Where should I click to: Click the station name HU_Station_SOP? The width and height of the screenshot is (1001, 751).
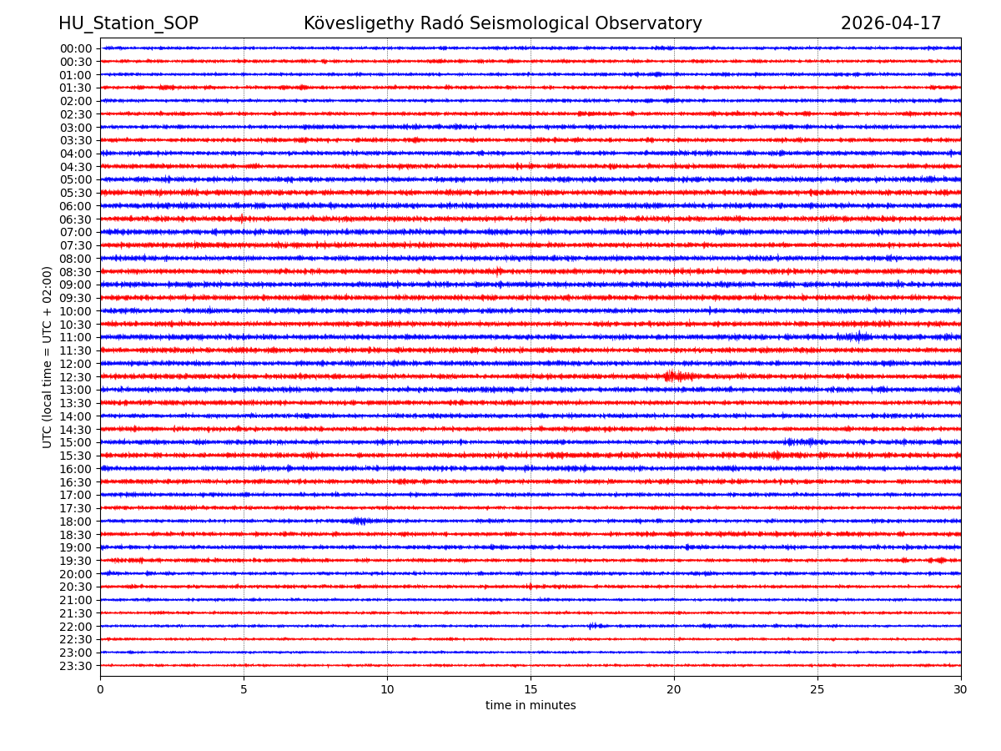tap(128, 23)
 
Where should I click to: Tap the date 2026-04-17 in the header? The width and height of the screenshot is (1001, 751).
tap(890, 23)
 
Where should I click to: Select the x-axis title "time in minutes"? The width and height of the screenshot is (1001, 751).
tap(531, 706)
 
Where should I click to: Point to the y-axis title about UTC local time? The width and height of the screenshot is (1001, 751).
tap(48, 357)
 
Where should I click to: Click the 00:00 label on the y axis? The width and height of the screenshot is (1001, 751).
tap(76, 48)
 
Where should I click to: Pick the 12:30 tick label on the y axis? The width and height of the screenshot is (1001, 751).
tap(76, 377)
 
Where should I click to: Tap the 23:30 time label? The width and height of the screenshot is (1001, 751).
tap(76, 666)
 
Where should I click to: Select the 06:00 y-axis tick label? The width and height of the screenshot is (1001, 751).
tap(76, 206)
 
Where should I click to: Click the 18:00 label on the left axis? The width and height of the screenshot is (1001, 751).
tap(76, 522)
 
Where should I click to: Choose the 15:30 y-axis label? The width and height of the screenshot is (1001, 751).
tap(76, 456)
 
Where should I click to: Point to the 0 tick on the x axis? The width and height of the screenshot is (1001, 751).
tap(100, 690)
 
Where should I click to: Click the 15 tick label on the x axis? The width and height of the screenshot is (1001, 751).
tap(531, 690)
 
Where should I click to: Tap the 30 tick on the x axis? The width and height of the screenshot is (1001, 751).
tap(961, 690)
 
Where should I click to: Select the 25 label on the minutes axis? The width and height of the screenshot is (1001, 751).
tap(817, 690)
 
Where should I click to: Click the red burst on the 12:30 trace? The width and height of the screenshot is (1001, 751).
tap(674, 376)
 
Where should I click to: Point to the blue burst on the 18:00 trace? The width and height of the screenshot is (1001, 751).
tap(360, 521)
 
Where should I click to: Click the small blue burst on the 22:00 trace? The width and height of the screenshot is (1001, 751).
tap(593, 626)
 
